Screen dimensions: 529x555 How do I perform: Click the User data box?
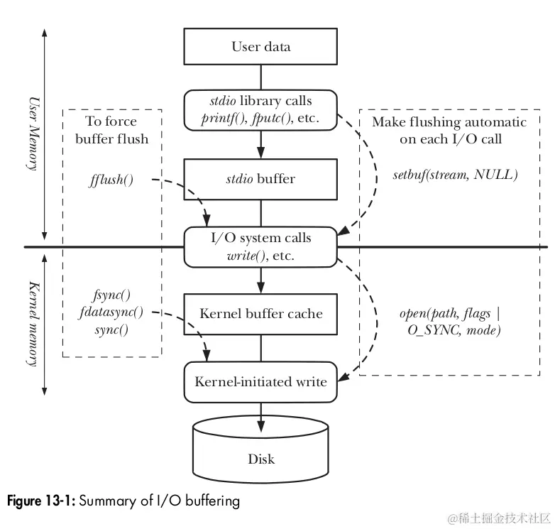[260, 47]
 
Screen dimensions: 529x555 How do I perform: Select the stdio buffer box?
[260, 179]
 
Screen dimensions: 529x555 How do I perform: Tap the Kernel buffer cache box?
[260, 314]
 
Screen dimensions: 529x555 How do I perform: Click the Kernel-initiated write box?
[260, 381]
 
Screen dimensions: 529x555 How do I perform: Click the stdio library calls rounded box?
[260, 109]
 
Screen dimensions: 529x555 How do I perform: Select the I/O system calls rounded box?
[260, 246]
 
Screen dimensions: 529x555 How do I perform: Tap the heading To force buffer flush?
[112, 129]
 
